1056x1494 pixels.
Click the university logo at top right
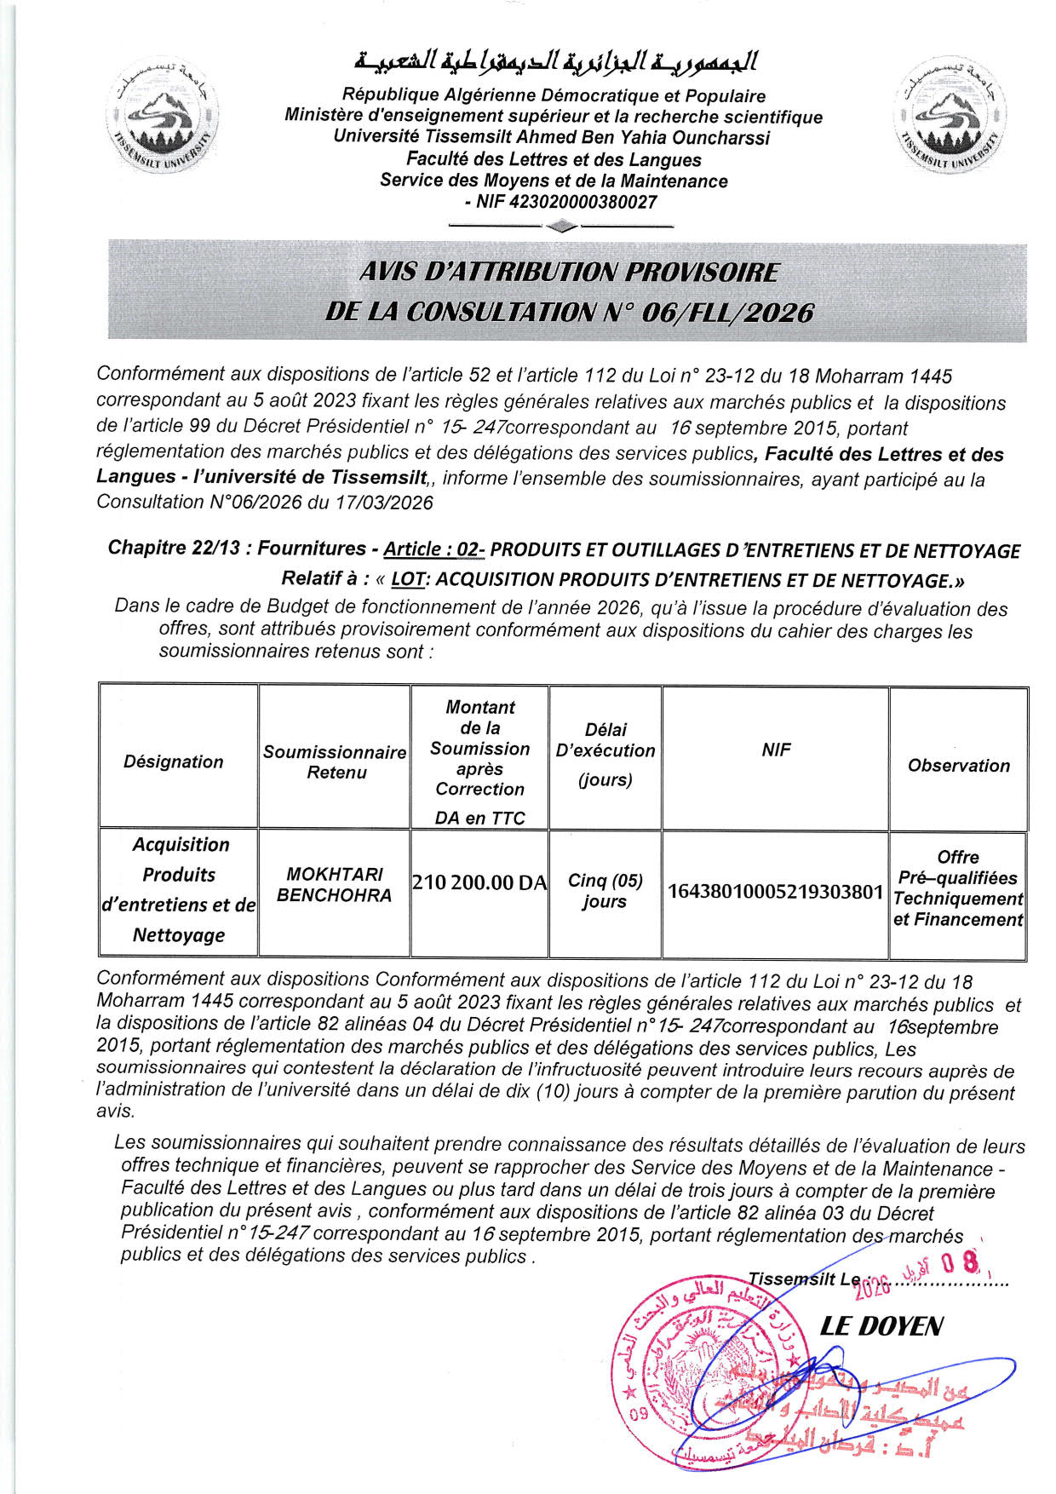950,118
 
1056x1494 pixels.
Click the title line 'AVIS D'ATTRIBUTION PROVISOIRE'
568,272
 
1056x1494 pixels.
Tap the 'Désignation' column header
174,761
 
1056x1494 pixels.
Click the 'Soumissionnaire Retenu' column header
335,761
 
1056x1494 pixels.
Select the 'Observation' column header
958,765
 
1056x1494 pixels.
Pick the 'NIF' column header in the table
776,750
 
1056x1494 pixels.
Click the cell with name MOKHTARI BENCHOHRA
335,884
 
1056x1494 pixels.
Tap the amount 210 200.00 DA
479,882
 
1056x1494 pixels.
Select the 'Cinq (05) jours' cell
605,891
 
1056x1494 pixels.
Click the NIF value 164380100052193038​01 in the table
776,891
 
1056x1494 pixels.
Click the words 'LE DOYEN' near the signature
881,1326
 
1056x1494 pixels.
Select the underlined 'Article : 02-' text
433,549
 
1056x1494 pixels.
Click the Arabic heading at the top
555,62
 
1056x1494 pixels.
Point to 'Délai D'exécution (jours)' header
605,754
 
